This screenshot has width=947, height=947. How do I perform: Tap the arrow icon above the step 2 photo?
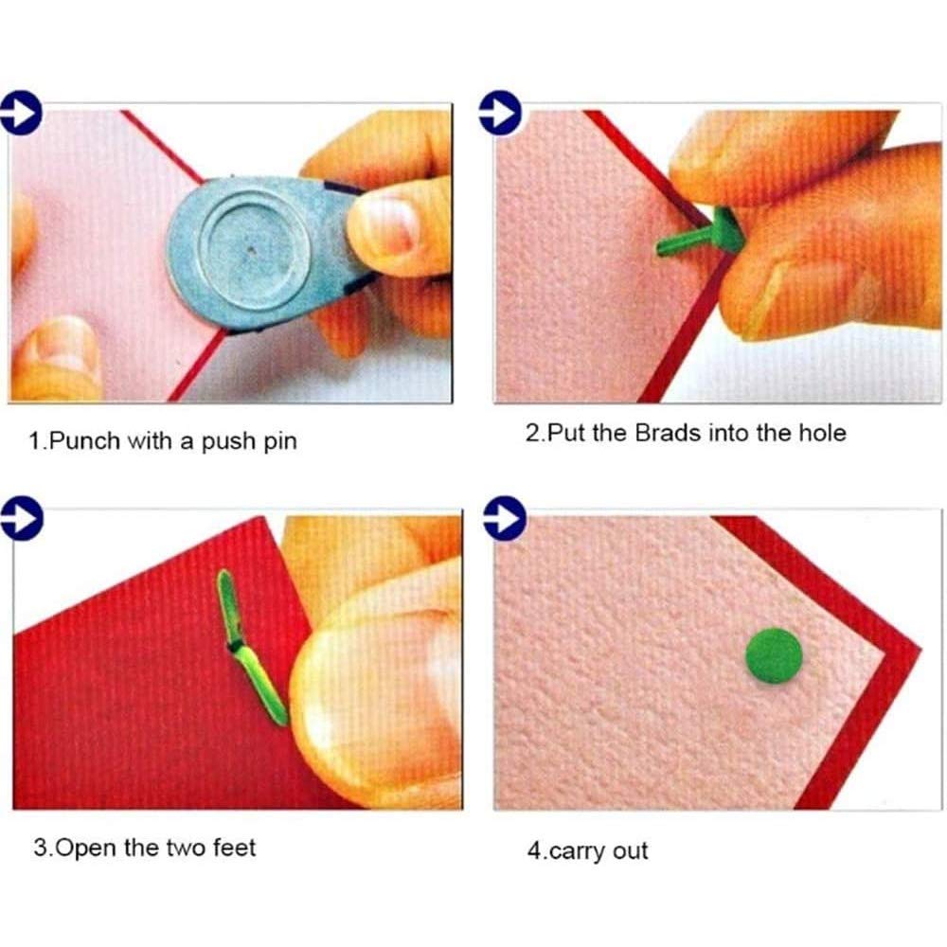point(503,113)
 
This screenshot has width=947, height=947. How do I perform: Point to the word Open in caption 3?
point(86,847)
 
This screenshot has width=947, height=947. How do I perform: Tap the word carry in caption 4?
point(580,851)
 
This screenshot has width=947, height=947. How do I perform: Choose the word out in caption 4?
point(631,850)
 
